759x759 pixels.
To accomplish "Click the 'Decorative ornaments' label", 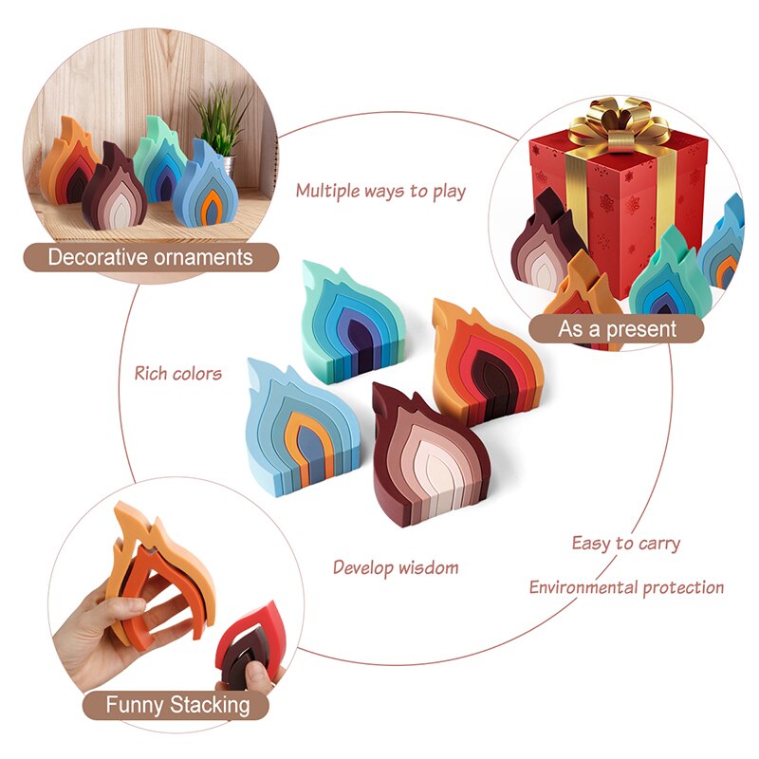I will pos(151,257).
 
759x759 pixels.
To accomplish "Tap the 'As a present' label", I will pos(617,328).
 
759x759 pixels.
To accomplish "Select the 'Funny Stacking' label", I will pos(177,705).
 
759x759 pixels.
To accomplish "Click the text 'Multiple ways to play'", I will pos(380,191).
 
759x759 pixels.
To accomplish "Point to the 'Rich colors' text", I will pos(177,373).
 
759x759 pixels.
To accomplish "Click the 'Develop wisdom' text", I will pos(396,567).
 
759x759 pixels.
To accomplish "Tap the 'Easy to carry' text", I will pos(625,544).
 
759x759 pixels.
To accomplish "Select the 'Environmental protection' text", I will pos(626,587).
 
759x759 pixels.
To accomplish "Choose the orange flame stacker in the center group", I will pos(484,359).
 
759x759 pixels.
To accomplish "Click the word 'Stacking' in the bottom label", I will pos(210,705).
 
